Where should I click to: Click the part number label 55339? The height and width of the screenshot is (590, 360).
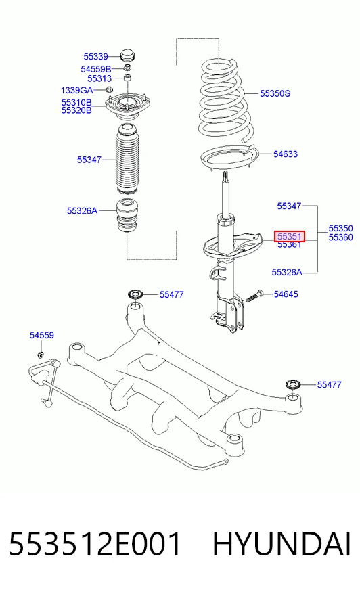click(x=95, y=56)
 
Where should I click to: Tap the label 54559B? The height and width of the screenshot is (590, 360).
click(x=95, y=69)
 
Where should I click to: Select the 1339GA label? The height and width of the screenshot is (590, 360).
click(x=76, y=90)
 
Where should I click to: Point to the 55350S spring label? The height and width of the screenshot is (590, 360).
click(x=275, y=93)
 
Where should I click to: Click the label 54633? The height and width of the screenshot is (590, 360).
click(x=285, y=154)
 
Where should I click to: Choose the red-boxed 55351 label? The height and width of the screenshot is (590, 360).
click(x=289, y=236)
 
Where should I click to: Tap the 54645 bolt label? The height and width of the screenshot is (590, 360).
click(x=286, y=294)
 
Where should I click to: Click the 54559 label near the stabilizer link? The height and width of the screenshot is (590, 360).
click(x=42, y=335)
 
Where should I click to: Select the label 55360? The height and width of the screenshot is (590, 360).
click(x=341, y=237)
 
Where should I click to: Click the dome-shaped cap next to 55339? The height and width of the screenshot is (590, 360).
click(x=127, y=55)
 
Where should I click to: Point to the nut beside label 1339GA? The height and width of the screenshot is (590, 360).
click(x=109, y=89)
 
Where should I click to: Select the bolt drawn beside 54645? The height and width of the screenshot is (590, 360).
click(x=254, y=296)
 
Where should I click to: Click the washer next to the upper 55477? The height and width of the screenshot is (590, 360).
click(x=136, y=294)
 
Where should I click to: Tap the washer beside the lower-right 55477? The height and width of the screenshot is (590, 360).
click(x=293, y=384)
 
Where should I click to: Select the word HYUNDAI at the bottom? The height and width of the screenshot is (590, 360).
click(x=282, y=544)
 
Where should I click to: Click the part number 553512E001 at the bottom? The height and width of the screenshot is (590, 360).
click(x=95, y=544)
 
